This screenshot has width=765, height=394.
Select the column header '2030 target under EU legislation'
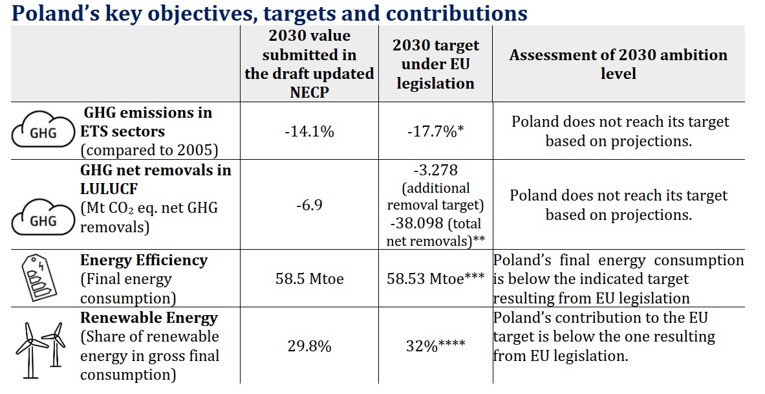tap(435, 64)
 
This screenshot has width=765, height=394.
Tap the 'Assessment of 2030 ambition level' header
tap(618, 64)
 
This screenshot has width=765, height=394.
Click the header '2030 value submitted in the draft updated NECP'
tap(309, 65)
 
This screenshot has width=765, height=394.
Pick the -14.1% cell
tap(309, 131)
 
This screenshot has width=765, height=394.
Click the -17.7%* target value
tap(435, 131)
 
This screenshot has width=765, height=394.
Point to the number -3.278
tap(435, 171)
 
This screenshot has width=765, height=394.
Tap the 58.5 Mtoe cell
tap(309, 279)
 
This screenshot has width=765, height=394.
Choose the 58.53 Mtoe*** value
tap(435, 279)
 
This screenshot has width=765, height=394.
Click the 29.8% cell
tap(309, 346)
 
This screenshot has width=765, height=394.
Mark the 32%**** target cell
tap(435, 346)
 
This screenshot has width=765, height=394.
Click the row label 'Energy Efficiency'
tap(144, 261)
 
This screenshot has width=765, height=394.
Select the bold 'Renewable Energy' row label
tap(149, 318)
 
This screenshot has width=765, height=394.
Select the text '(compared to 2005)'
tap(149, 151)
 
